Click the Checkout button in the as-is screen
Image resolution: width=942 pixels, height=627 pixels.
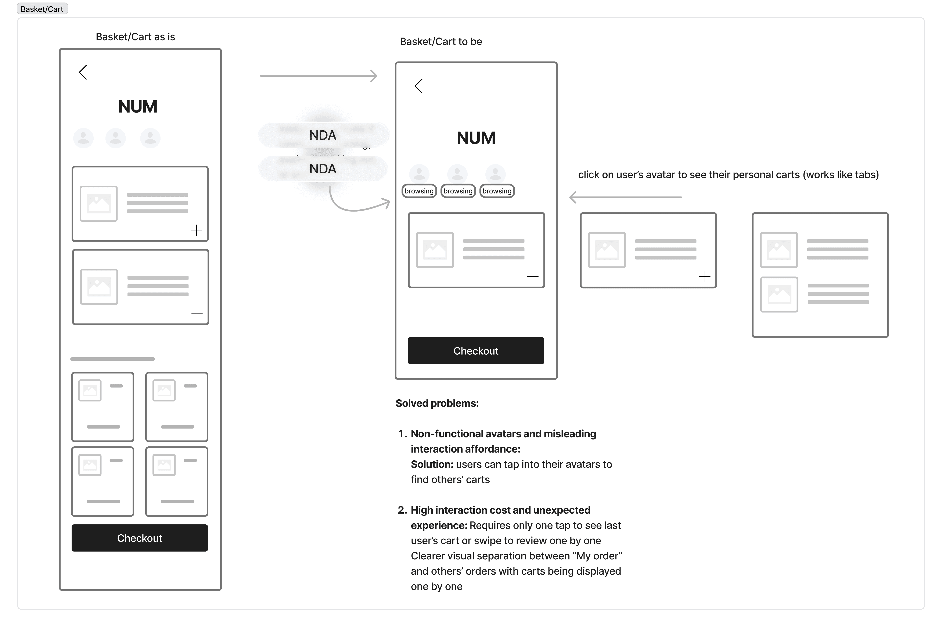click(139, 538)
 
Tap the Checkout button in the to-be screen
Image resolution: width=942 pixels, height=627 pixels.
click(476, 351)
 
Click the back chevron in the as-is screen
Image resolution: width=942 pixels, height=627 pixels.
click(83, 72)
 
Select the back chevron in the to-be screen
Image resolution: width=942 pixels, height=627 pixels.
click(419, 86)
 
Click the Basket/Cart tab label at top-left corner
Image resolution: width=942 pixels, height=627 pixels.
click(42, 9)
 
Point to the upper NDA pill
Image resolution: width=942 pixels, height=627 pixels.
click(323, 135)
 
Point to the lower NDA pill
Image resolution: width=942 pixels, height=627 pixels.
click(323, 169)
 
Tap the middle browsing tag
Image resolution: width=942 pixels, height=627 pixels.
click(458, 191)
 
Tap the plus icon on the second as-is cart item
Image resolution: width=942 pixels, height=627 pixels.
click(197, 313)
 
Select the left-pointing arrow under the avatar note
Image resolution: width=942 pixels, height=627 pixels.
click(626, 197)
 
